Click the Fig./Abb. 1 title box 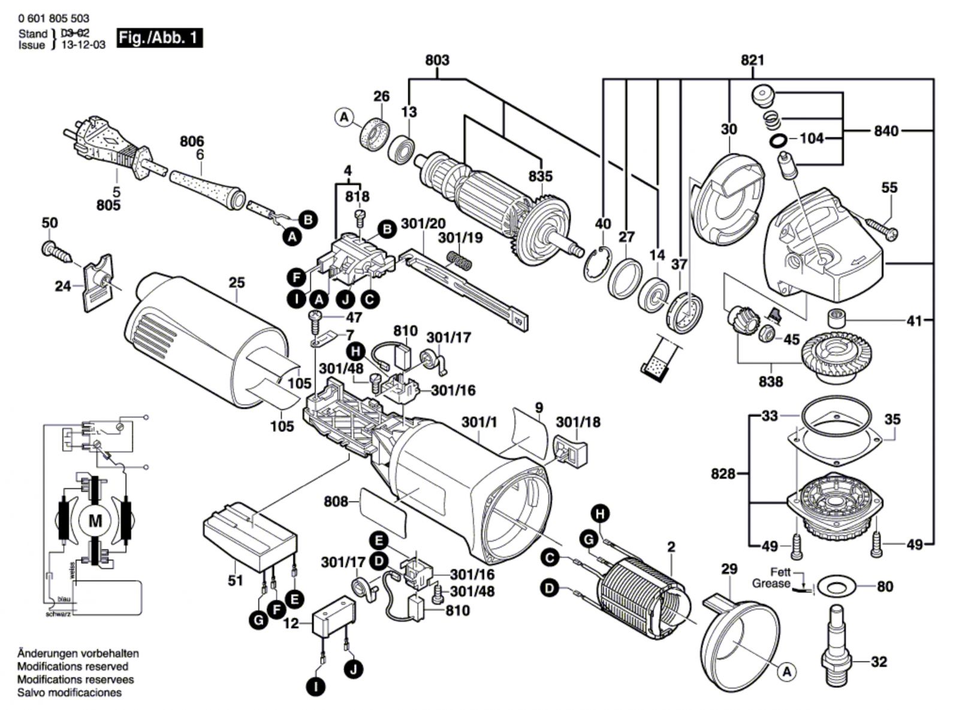click(159, 38)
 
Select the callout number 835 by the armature click(541, 177)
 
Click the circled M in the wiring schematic click(95, 521)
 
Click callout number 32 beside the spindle click(879, 662)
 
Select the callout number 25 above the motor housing click(237, 282)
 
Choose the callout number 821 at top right click(753, 60)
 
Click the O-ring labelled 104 click(777, 141)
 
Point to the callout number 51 click(236, 580)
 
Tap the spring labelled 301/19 click(460, 261)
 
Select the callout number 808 click(336, 501)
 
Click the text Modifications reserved click(73, 666)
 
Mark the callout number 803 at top click(438, 60)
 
